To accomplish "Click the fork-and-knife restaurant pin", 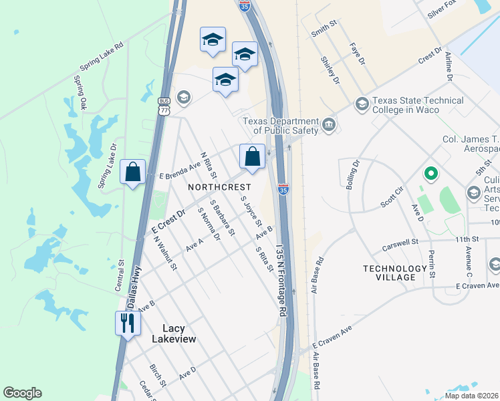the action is [x=126, y=324].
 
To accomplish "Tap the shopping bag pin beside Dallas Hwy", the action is [x=133, y=172].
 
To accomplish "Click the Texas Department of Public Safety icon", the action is [x=329, y=125].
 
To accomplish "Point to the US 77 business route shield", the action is [x=164, y=106].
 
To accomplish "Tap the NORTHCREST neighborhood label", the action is [x=219, y=187].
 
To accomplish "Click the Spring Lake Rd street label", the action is [x=102, y=57].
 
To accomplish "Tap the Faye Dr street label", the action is [x=358, y=54].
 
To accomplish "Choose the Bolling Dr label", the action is [x=352, y=174].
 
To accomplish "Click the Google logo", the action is [x=22, y=393].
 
